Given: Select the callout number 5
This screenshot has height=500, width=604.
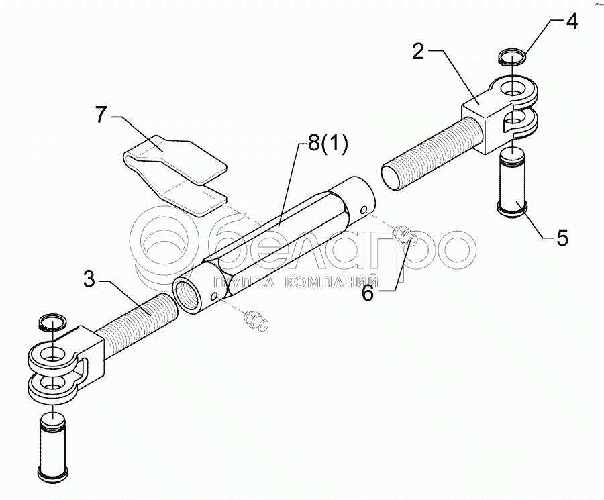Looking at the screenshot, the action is [x=562, y=237].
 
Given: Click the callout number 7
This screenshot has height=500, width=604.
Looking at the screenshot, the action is [x=101, y=115].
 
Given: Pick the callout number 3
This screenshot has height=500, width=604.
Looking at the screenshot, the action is [x=89, y=279].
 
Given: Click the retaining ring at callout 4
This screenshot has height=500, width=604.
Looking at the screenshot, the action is [x=514, y=57].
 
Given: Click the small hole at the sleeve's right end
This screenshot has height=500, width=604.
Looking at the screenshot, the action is [x=363, y=210].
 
